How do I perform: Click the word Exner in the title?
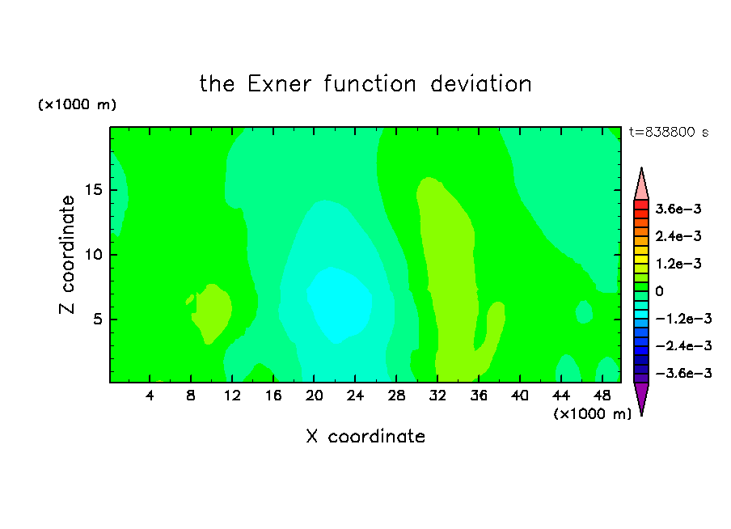pos(279,84)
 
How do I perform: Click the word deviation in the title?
pos(480,84)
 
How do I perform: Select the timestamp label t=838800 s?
pos(669,132)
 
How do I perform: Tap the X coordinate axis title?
pos(365,436)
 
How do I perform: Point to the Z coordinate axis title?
pos(67,254)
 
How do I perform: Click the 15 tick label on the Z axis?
pos(93,190)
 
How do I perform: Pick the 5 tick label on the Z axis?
pos(97,319)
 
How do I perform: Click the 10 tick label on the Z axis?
pos(93,254)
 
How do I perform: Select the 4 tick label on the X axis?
pos(149,396)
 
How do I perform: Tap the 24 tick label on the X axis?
pos(355,396)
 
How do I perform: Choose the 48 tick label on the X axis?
pos(602,396)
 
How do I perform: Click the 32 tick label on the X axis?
pos(437,396)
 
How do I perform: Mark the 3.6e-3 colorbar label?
pos(678,209)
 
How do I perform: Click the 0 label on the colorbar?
pos(659,291)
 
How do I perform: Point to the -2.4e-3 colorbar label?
pos(683,345)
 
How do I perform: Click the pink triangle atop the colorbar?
pos(641,184)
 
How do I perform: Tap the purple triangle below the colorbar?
pos(641,397)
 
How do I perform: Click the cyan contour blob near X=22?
pos(339,303)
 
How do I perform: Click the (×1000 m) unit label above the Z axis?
pos(77,104)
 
